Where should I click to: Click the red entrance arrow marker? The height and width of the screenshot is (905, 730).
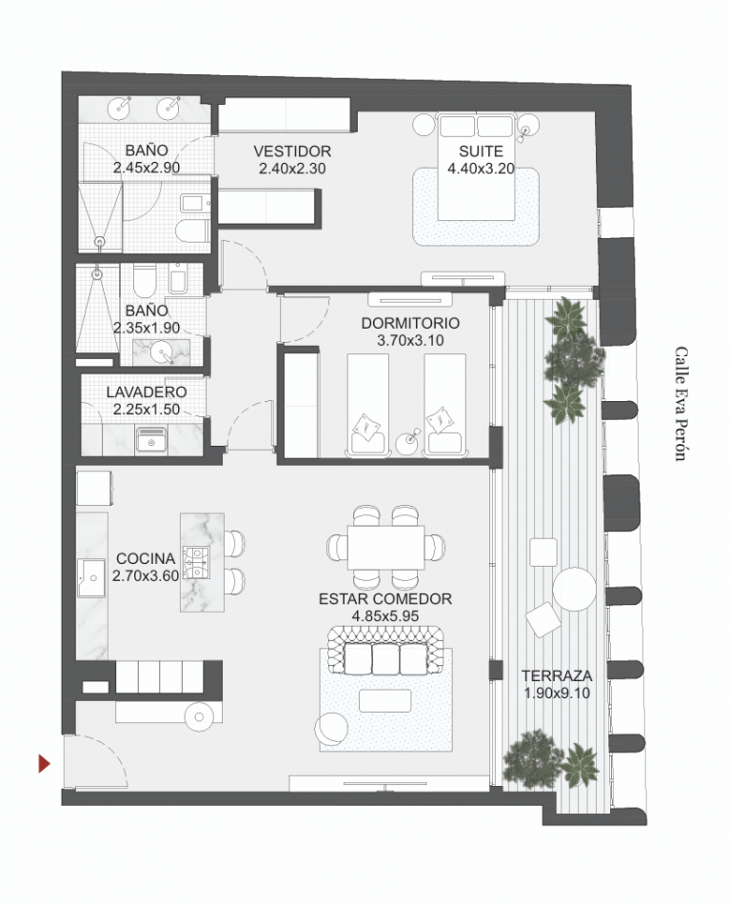tap(44, 762)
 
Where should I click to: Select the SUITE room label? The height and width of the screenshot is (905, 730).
tap(475, 151)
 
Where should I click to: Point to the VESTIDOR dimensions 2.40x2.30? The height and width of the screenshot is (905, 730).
tap(292, 169)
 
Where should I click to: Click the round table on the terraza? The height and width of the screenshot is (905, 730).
tap(576, 589)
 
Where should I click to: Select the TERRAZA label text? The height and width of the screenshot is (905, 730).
tap(557, 675)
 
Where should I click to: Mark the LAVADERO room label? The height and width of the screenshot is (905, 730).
tap(146, 392)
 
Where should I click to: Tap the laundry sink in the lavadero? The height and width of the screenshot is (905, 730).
tap(150, 439)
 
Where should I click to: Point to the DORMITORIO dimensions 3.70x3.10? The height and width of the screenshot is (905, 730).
tap(410, 339)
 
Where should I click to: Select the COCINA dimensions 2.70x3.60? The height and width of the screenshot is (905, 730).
tap(146, 575)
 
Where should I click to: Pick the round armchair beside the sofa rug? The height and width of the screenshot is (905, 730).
tap(330, 730)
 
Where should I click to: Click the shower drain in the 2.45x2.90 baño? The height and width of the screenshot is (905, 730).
tap(100, 242)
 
